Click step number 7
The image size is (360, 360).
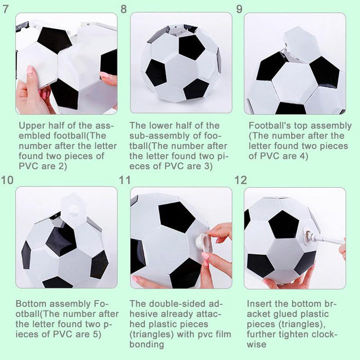[6, 9]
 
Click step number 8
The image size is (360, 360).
[123, 9]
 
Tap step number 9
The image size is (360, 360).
[239, 9]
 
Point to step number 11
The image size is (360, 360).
[124, 180]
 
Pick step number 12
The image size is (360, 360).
[240, 180]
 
